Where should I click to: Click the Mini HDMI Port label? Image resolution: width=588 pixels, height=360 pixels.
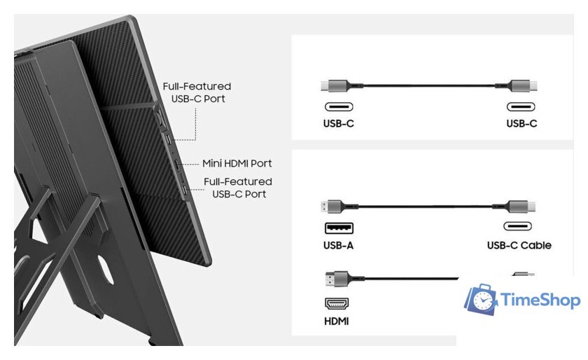point(237,163)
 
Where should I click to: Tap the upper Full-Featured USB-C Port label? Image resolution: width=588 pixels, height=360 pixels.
point(197,92)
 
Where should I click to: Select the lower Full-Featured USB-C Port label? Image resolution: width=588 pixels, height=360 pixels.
point(238,188)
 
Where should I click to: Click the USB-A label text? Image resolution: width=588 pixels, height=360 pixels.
point(338,245)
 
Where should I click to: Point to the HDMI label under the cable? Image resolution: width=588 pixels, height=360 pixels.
point(337,321)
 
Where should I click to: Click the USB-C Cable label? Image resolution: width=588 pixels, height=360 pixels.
point(519,245)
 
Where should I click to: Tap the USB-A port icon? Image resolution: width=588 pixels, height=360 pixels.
point(339,228)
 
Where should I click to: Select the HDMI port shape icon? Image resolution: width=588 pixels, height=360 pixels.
point(337,303)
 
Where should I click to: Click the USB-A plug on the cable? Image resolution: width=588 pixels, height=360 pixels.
point(332,207)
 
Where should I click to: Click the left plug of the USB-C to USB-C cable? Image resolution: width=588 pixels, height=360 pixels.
point(335,86)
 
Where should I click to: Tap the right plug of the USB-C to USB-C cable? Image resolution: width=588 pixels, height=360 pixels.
point(524,86)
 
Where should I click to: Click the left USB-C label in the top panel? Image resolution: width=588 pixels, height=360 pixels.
point(338,123)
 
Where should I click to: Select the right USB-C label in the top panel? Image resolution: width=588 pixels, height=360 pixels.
point(521,123)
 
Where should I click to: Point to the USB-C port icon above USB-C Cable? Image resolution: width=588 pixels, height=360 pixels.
point(517,226)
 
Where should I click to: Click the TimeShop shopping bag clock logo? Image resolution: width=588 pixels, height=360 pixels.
point(482,299)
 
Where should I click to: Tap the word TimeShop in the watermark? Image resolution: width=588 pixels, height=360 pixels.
point(540,300)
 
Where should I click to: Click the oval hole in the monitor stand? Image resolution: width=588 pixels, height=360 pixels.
point(106,269)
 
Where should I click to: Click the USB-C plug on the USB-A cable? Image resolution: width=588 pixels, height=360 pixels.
point(522,207)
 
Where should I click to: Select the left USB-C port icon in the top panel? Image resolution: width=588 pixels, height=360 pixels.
point(339,107)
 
